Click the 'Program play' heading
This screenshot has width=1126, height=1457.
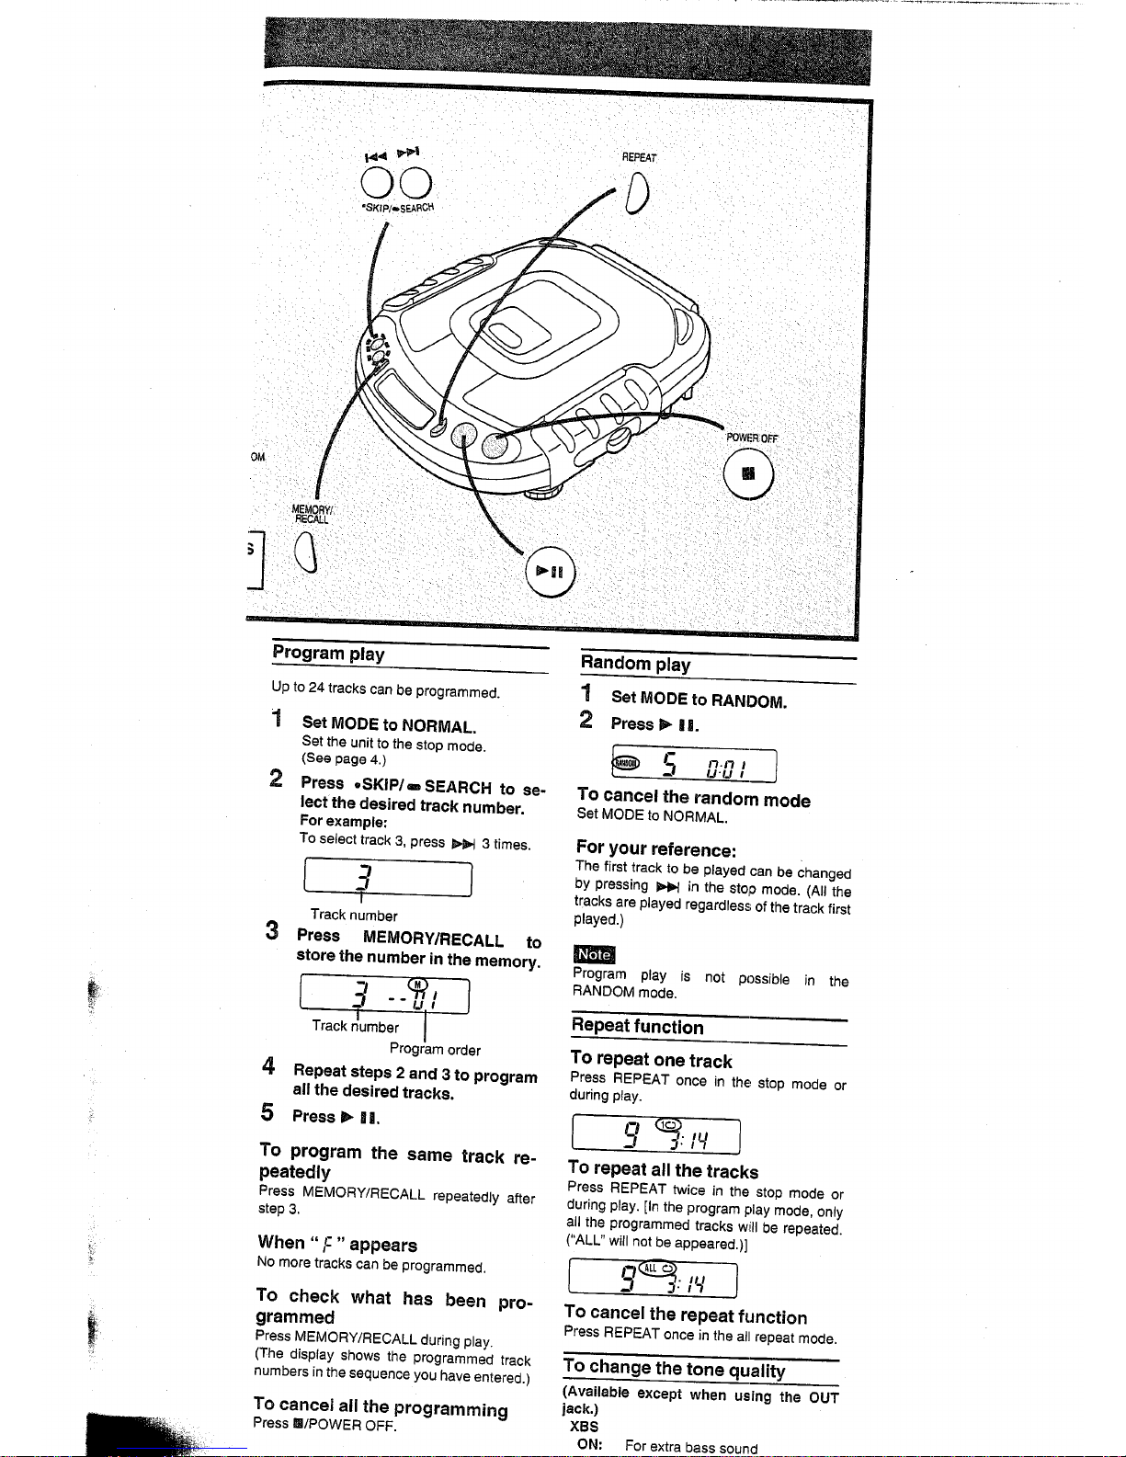328,654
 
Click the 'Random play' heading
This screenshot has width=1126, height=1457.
635,664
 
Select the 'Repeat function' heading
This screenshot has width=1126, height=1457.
637,1027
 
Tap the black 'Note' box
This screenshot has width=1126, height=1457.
594,955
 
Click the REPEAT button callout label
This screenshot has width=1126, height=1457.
639,157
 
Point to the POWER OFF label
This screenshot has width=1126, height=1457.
751,438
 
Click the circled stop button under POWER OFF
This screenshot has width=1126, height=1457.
748,475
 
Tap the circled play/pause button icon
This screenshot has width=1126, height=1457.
550,572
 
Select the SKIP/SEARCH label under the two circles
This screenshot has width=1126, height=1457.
397,208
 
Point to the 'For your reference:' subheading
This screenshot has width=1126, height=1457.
655,849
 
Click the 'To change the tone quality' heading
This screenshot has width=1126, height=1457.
675,1369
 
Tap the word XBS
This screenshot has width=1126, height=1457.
584,1427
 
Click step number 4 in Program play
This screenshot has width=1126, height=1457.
267,1066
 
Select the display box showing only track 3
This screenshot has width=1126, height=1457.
387,878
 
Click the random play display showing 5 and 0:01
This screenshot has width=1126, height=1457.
694,765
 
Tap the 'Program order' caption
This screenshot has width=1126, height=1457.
435,1049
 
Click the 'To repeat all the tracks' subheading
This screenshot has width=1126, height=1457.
663,1171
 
